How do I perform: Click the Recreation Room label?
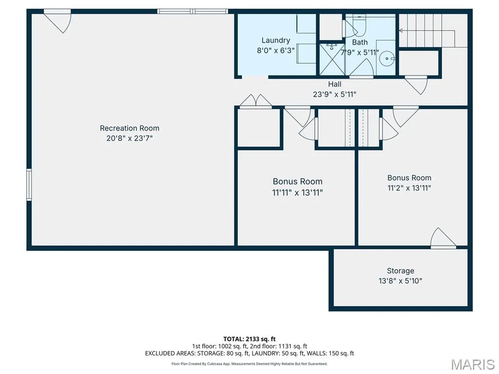pyautogui.click(x=130, y=128)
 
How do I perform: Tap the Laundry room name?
pyautogui.click(x=276, y=40)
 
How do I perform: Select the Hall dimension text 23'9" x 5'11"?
pyautogui.click(x=334, y=94)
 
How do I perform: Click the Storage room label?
pyautogui.click(x=401, y=271)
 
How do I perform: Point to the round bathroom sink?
pyautogui.click(x=387, y=58)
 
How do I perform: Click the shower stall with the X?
pyautogui.click(x=332, y=59)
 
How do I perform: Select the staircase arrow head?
pyautogui.click(x=401, y=31)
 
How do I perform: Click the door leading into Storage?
pyautogui.click(x=443, y=238)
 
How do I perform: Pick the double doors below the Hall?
pyautogui.click(x=255, y=101)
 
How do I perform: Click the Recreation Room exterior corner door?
pyautogui.click(x=58, y=21)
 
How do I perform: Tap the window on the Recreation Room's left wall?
pyautogui.click(x=29, y=185)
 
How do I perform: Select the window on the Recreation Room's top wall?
pyautogui.click(x=192, y=12)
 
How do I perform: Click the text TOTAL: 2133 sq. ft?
pyautogui.click(x=249, y=339)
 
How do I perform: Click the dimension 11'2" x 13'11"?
pyautogui.click(x=409, y=188)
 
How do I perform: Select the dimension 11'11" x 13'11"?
pyautogui.click(x=297, y=192)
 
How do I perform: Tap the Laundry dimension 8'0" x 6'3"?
pyautogui.click(x=276, y=50)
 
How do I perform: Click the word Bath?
pyautogui.click(x=360, y=42)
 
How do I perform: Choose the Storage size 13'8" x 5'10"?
pyautogui.click(x=401, y=281)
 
